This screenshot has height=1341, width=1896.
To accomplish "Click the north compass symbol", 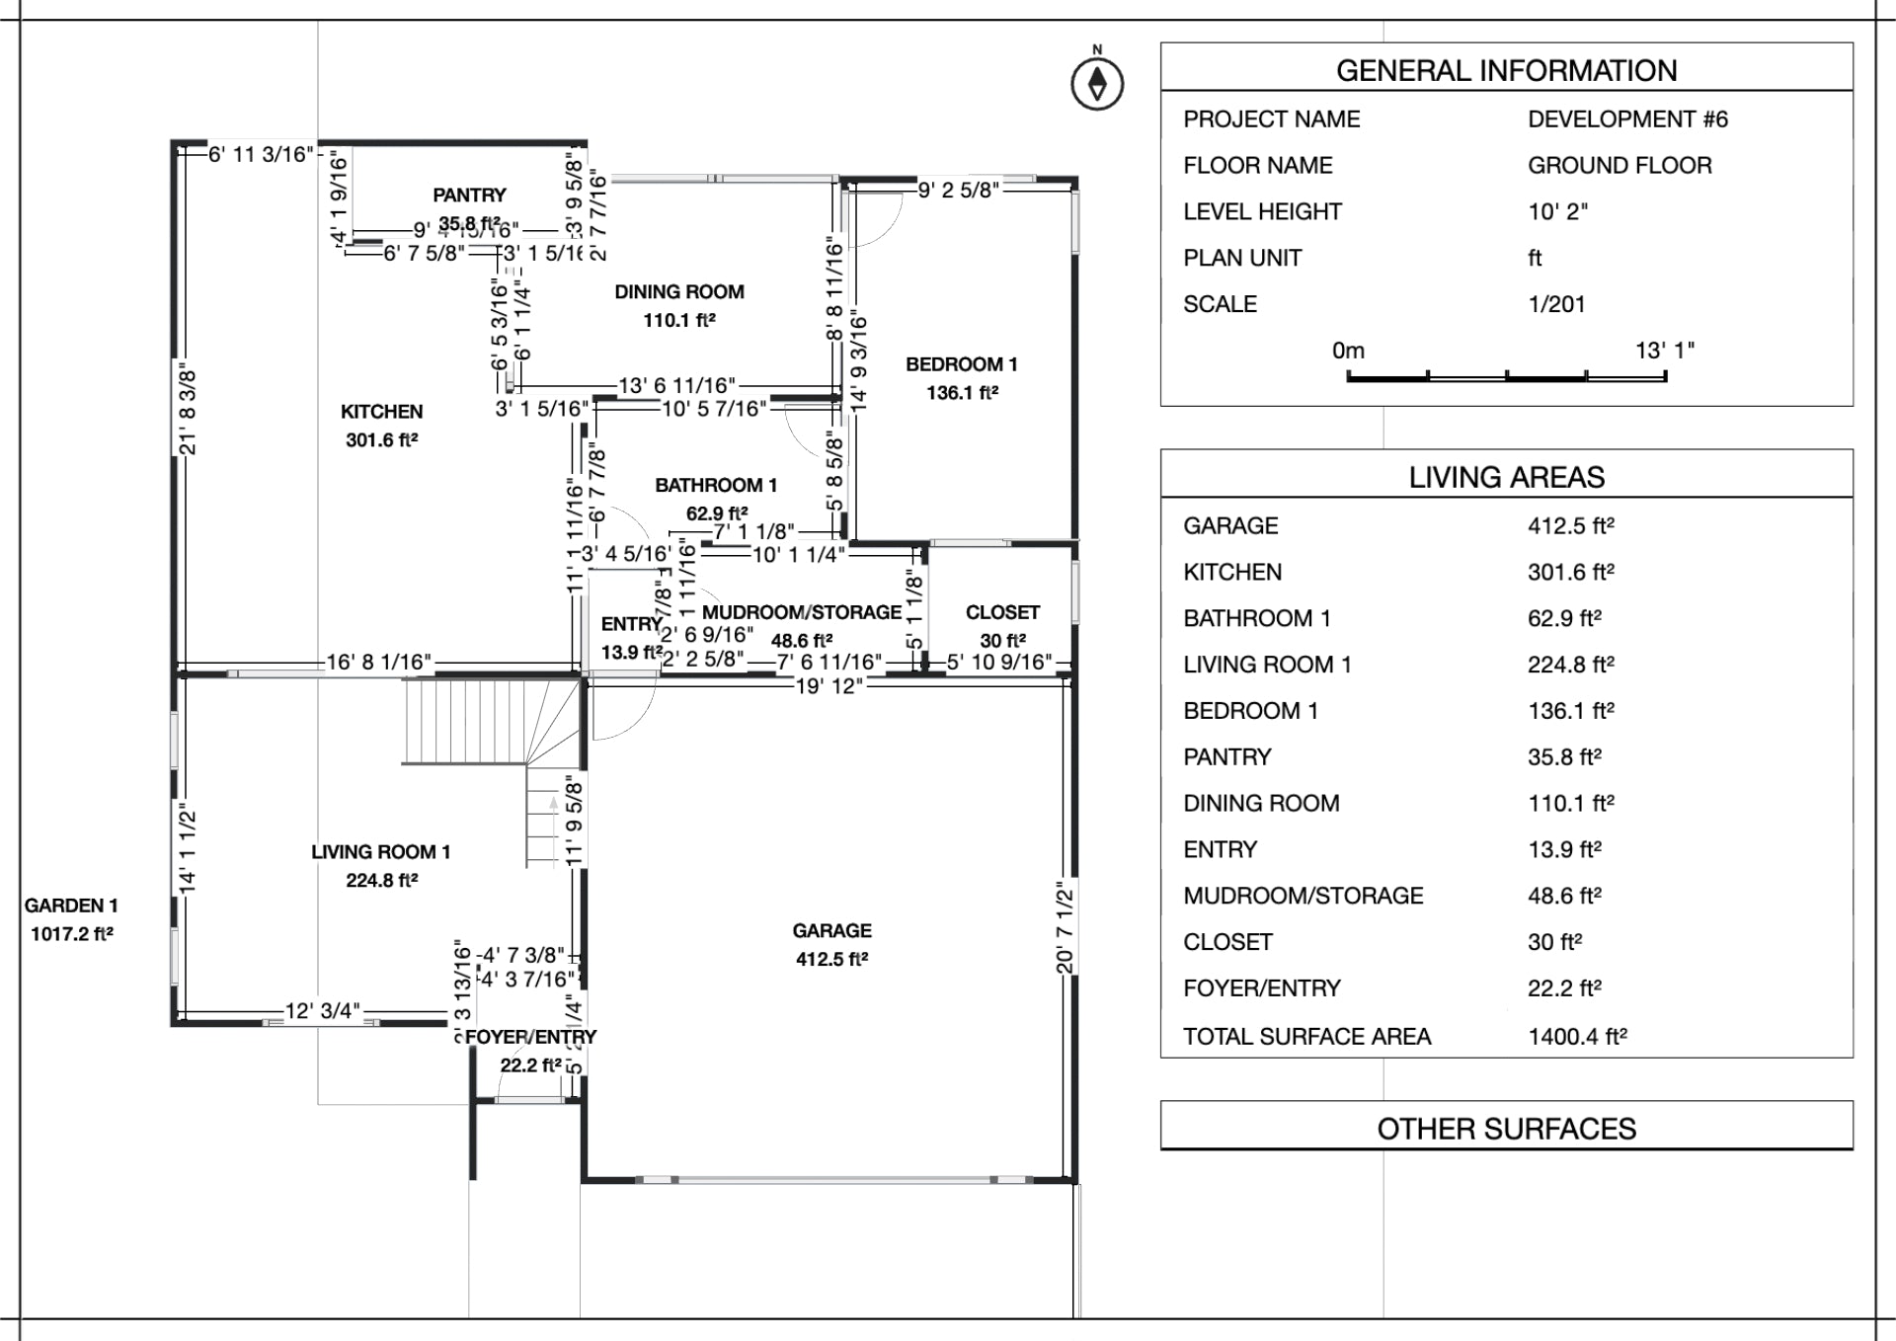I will [1097, 84].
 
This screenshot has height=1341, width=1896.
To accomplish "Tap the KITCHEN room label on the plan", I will [381, 412].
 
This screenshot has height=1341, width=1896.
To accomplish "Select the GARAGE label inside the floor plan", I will [831, 931].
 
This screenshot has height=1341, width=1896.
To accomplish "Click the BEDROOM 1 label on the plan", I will [961, 364].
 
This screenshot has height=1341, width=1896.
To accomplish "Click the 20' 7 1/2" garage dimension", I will [1065, 927].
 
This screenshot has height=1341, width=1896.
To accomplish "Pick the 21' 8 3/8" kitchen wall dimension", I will [188, 412].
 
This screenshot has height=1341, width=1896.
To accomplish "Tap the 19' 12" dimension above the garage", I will [829, 686].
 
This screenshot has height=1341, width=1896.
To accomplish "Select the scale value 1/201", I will [1556, 304].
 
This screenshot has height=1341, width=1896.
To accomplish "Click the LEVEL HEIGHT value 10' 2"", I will [1557, 211].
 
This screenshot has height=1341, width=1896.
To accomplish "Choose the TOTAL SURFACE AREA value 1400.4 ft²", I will [1577, 1036].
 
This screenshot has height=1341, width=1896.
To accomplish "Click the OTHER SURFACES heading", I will [1506, 1129].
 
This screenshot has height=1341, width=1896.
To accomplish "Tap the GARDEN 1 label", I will [71, 906].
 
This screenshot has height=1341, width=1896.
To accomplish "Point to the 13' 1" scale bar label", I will [1664, 351].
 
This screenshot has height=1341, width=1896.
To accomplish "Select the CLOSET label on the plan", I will [1002, 612].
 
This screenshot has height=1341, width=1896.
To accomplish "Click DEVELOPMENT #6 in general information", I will [1627, 119].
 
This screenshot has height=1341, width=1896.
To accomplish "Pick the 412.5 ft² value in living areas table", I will [1570, 525].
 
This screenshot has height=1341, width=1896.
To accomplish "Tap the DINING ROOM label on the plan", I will [679, 292].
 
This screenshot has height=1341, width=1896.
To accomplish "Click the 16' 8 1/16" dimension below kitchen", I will [379, 663].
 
